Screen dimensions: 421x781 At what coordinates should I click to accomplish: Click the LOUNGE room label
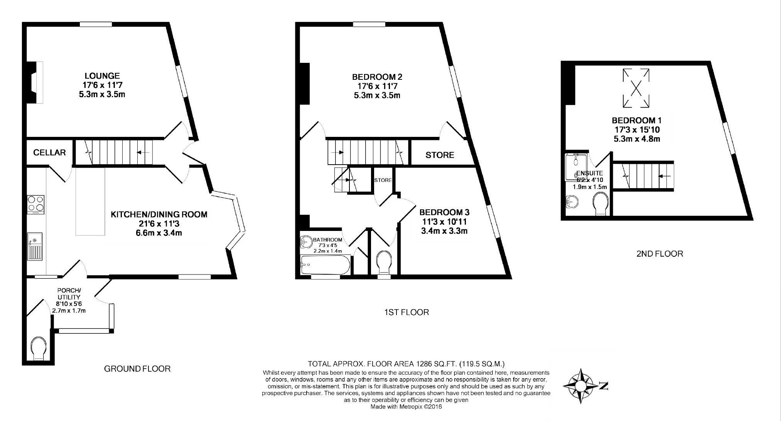pos(102,76)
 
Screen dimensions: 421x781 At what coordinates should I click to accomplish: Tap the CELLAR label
pos(49,153)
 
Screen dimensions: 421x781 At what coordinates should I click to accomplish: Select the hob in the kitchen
pos(36,205)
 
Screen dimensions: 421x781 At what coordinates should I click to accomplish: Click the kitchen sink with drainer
pos(35,247)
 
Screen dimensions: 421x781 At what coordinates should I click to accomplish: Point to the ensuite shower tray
pos(577,167)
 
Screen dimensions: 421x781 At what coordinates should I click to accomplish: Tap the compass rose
pos(580,386)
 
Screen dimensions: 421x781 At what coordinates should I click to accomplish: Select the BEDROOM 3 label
pos(444,212)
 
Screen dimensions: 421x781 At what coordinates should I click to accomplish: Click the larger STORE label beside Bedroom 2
pos(440,155)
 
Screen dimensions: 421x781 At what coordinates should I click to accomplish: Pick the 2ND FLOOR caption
pos(659,254)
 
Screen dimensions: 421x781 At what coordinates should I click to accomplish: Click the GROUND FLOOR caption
pos(137,369)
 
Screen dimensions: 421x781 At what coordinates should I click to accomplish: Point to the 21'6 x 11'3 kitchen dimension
pos(159,224)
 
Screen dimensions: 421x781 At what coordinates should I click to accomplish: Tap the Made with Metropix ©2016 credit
pos(406,406)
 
